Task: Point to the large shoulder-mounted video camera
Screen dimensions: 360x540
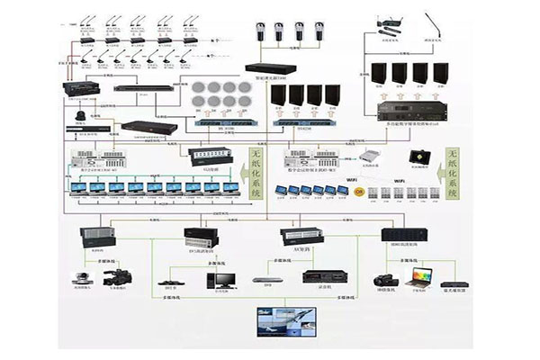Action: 118,277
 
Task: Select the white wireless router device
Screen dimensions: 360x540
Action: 368,154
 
